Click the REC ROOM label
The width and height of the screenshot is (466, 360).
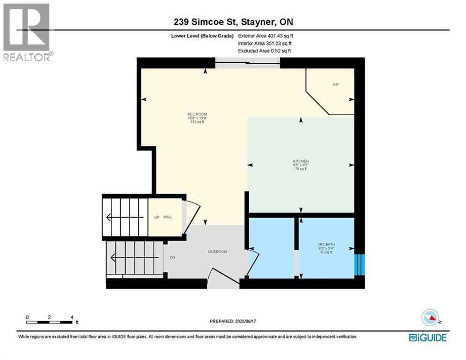pos(197,114)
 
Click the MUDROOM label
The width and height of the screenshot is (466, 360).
pos(217,252)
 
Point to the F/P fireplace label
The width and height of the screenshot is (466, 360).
pos(335,85)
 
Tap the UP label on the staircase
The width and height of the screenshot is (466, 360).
pos(157,217)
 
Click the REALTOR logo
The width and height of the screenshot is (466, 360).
pos(27,32)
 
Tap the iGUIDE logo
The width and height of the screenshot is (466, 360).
pos(427,337)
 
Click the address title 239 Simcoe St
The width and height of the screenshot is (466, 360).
pos(233,22)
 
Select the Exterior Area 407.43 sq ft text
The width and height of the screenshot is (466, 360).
pos(266,35)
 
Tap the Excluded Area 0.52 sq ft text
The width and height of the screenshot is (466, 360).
pos(265,51)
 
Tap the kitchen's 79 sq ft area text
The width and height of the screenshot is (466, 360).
pos(300,169)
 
